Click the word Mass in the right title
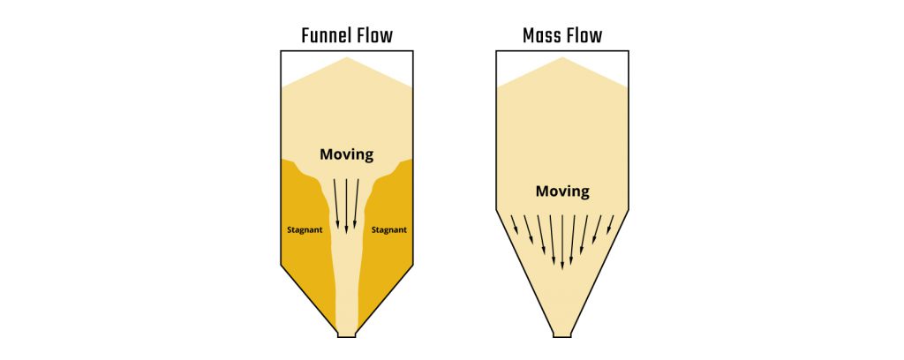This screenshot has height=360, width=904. pyautogui.click(x=542, y=35)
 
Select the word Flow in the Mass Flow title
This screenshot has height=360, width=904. pyautogui.click(x=584, y=35)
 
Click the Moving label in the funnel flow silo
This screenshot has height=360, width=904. pyautogui.click(x=346, y=154)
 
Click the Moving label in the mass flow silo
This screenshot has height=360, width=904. pyautogui.click(x=562, y=191)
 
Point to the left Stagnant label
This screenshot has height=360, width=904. pyautogui.click(x=305, y=229)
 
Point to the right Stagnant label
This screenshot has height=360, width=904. pyautogui.click(x=389, y=229)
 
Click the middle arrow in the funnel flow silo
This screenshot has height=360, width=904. pyautogui.click(x=346, y=206)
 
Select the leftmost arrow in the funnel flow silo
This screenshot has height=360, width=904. pyautogui.click(x=336, y=202)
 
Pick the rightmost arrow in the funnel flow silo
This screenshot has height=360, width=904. pyautogui.click(x=356, y=202)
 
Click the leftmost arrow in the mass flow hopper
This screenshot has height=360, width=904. pyautogui.click(x=515, y=225)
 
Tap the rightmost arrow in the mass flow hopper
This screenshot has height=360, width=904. pyautogui.click(x=610, y=225)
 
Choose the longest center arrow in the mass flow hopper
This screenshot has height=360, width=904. pyautogui.click(x=562, y=243)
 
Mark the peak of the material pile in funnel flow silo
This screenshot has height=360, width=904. pyautogui.click(x=346, y=57)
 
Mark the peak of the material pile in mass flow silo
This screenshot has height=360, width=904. pyautogui.click(x=562, y=57)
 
